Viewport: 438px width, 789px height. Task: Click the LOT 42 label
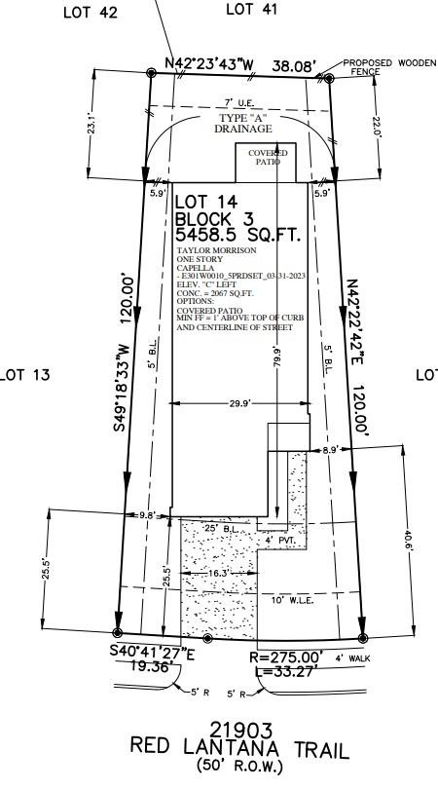click(91, 13)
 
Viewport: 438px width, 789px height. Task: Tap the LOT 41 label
click(251, 10)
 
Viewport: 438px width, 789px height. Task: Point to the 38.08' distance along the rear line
click(293, 67)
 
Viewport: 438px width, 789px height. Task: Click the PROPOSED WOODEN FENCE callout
click(381, 67)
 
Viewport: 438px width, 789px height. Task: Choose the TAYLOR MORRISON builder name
click(210, 250)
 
